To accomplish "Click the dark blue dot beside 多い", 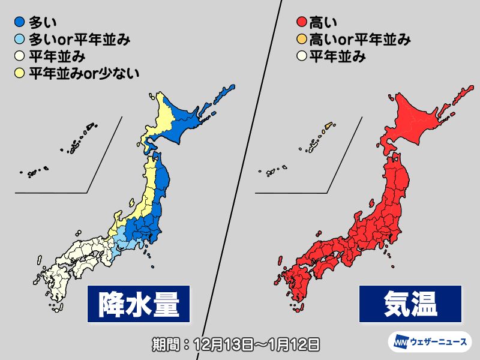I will pos(20,24).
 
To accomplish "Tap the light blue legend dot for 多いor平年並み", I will pos(20,41).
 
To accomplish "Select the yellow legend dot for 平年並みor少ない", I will pos(20,74).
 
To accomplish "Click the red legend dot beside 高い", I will pos(300,24).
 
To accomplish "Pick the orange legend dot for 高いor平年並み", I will pos(300,41).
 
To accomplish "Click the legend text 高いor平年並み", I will pos(359,41).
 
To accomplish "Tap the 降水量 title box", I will pos(137,303).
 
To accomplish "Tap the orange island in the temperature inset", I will pos(328,127).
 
